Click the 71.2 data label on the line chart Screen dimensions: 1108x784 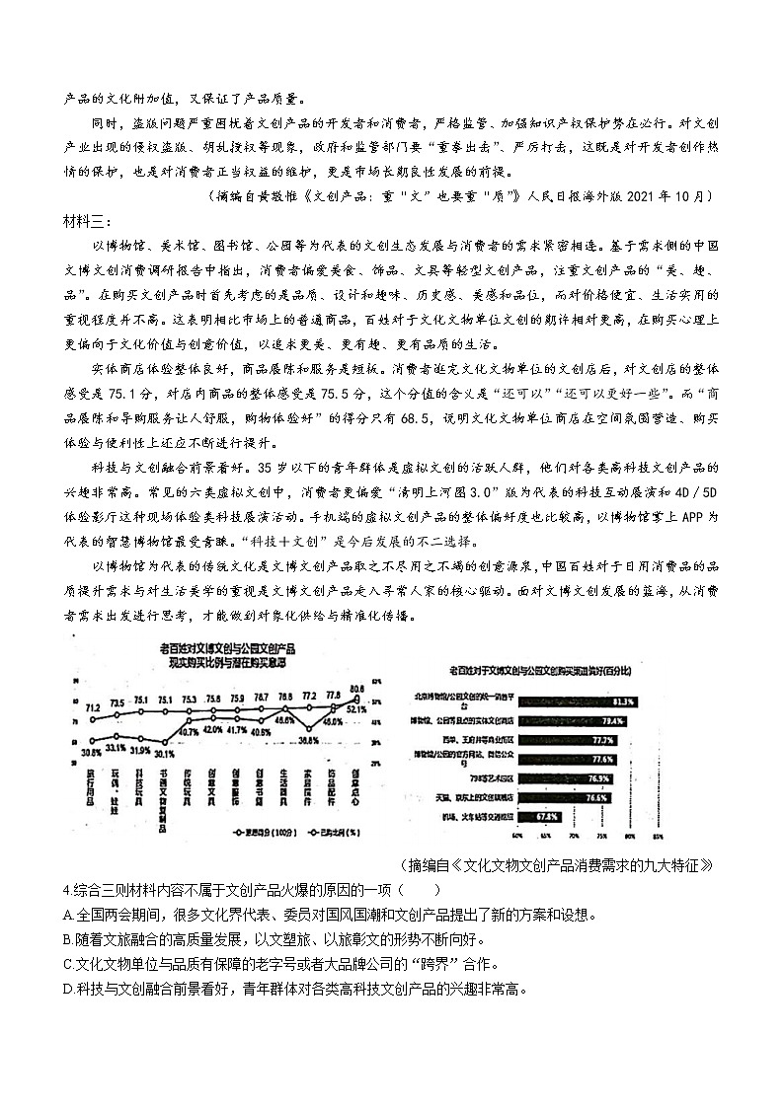tap(92, 706)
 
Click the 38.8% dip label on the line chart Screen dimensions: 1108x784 tap(308, 740)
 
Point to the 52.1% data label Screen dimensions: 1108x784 tap(356, 708)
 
